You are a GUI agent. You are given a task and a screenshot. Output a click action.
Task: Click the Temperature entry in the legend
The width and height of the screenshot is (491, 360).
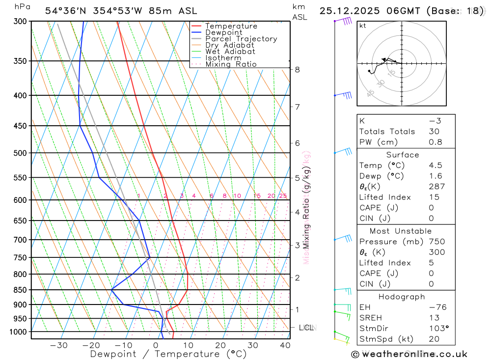pyautogui.click(x=231, y=26)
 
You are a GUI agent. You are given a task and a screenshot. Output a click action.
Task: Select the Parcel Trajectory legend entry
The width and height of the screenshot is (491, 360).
pyautogui.click(x=241, y=39)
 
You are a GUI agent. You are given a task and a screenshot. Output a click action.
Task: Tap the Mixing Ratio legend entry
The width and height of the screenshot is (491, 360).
pyautogui.click(x=231, y=64)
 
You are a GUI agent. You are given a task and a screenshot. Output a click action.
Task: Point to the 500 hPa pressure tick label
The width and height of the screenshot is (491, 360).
pyautogui.click(x=20, y=153)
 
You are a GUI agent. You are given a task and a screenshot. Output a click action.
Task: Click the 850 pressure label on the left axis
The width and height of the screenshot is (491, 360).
pyautogui.click(x=20, y=290)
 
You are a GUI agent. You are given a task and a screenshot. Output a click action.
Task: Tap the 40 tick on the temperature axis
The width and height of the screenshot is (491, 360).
pyautogui.click(x=285, y=345)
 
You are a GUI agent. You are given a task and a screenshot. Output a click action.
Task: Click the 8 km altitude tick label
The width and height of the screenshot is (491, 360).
pyautogui.click(x=297, y=69)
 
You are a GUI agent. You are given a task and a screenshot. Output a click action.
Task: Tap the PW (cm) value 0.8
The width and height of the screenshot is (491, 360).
pyautogui.click(x=435, y=142)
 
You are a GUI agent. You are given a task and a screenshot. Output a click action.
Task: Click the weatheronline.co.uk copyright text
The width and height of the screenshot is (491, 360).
pyautogui.click(x=409, y=354)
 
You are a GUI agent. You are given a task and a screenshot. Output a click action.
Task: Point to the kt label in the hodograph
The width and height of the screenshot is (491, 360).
pyautogui.click(x=363, y=26)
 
